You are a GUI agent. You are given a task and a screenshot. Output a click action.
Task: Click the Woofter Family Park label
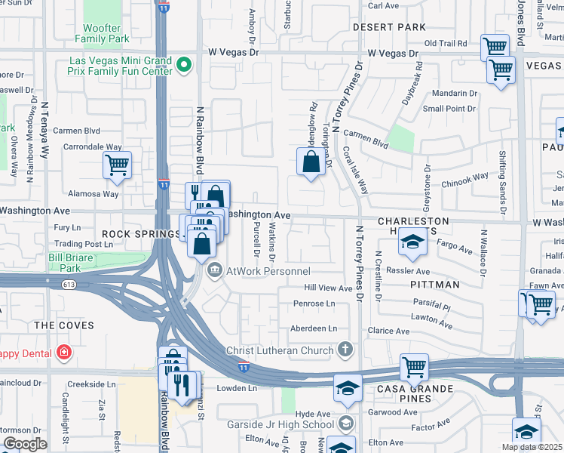click(x=107, y=33)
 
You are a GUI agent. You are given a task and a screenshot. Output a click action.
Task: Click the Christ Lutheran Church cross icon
click(x=345, y=350)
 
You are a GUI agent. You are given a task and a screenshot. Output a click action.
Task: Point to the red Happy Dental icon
click(x=65, y=353)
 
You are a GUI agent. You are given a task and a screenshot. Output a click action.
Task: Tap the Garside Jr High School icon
click(x=345, y=424)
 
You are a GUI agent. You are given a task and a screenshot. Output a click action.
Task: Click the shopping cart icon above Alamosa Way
click(x=117, y=165)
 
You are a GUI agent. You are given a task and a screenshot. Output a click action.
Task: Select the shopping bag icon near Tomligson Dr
click(x=311, y=162)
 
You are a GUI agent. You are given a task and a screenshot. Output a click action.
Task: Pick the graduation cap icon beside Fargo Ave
click(x=412, y=242)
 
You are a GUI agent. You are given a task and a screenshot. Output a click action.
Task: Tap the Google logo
click(x=25, y=444)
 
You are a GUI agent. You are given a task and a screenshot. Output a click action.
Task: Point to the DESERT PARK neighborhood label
click(x=390, y=27)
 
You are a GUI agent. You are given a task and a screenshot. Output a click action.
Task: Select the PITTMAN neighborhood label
click(x=435, y=285)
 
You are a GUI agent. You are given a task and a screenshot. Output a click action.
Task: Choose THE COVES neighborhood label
click(x=64, y=325)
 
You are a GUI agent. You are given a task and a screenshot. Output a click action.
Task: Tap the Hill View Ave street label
click(x=328, y=288)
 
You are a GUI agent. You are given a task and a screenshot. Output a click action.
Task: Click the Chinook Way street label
click(x=464, y=180)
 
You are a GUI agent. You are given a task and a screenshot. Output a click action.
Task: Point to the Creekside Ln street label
click(x=91, y=384)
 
